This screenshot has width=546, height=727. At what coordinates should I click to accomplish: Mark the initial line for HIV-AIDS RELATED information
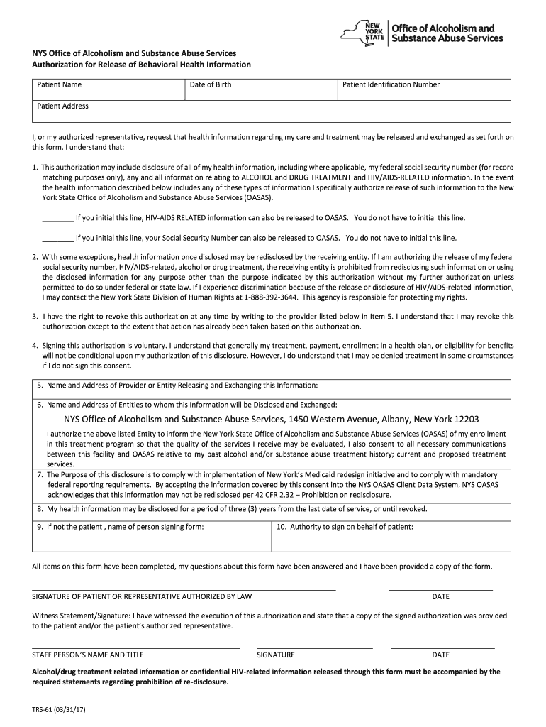57,219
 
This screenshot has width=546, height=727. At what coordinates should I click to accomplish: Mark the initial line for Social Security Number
57,239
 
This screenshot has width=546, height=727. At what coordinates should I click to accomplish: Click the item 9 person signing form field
153,540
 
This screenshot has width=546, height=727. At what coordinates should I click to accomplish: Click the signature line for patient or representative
184,588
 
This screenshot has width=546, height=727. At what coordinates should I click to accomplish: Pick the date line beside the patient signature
440,588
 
